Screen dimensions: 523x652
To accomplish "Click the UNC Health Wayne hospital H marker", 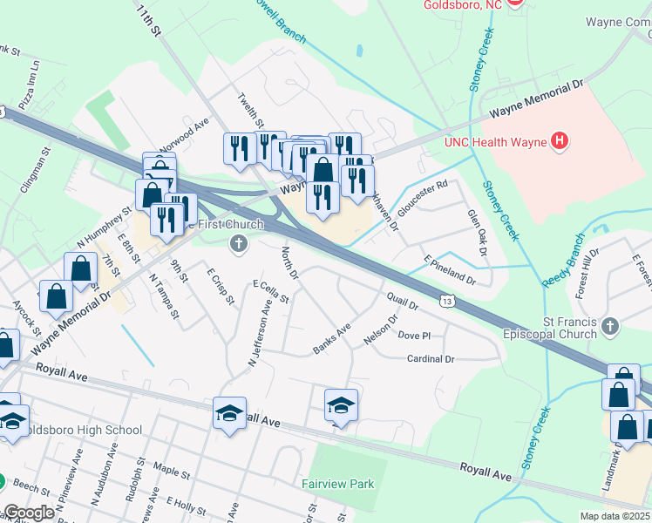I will coord(560,140).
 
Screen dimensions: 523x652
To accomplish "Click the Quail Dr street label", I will coord(402,302).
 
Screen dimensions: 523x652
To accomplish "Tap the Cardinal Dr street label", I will coord(431,359).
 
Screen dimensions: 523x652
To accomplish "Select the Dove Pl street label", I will coord(414,336).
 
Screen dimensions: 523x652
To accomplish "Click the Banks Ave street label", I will coord(331,340).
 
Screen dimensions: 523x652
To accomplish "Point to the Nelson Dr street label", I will coord(381,332).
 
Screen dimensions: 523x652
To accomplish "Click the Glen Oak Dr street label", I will coord(476,233).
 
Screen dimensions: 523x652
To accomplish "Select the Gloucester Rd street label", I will coord(423,198).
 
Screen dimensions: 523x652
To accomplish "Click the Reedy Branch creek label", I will coord(563,260).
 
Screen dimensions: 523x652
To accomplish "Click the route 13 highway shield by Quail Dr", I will coord(446,301).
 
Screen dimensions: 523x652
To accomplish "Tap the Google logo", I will coord(29,513).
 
